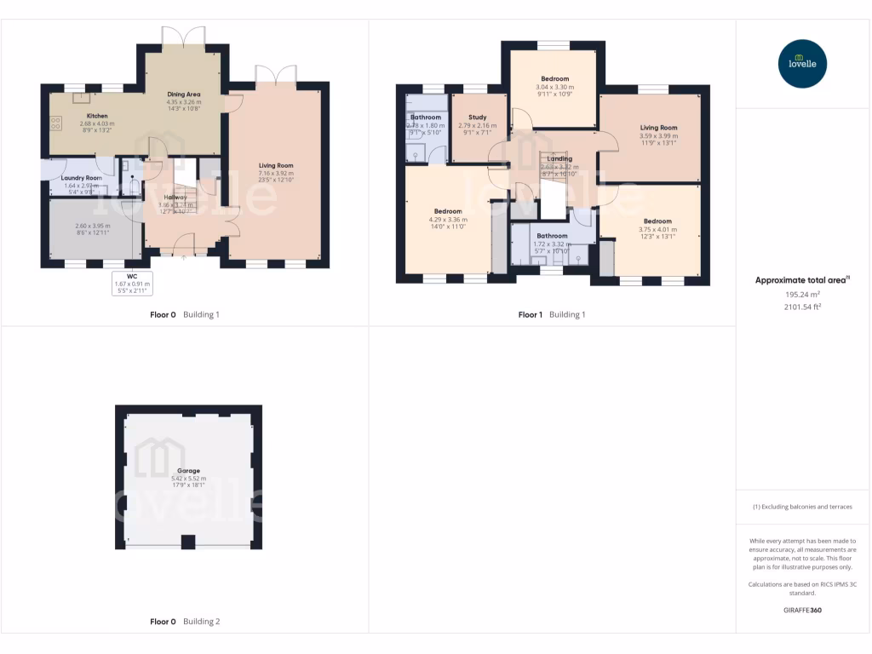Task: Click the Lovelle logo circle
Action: [803, 64]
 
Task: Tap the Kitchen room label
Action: [96, 115]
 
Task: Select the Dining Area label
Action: [183, 95]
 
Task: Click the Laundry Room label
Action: [82, 177]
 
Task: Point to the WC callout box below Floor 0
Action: [131, 283]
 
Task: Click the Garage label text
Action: [188, 470]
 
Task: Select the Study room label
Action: [476, 117]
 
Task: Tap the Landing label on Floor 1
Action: [559, 158]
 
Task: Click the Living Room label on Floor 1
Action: [658, 128]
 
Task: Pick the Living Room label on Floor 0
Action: [276, 165]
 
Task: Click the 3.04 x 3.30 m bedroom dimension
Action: [554, 87]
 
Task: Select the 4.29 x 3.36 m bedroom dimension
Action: [448, 220]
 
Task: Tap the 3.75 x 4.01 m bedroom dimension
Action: [657, 229]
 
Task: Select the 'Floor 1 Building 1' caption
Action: [552, 314]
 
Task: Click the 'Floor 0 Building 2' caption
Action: [185, 622]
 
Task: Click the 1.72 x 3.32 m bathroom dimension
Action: [552, 244]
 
